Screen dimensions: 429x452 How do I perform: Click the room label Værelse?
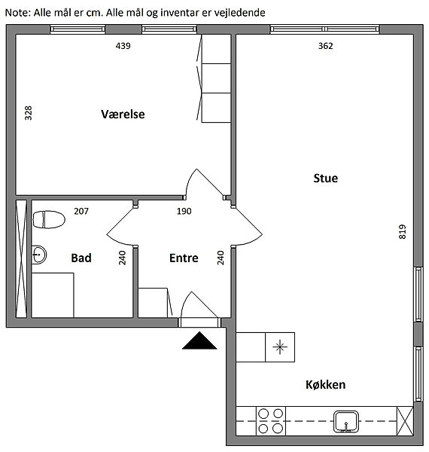(x=123, y=115)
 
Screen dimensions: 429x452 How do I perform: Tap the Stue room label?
(x=326, y=178)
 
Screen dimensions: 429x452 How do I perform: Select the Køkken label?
(x=326, y=384)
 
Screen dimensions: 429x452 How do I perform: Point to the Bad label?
(x=81, y=258)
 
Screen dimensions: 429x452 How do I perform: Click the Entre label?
(x=184, y=258)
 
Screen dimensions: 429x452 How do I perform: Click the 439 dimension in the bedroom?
(x=123, y=46)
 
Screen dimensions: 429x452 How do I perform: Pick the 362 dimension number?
(x=326, y=46)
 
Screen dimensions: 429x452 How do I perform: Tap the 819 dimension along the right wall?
(x=403, y=232)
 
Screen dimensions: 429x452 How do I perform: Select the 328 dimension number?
(x=28, y=113)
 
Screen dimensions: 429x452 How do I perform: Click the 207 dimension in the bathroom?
(x=81, y=211)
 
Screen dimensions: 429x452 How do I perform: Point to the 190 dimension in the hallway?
(x=184, y=211)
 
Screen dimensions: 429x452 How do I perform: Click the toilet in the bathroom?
(x=49, y=220)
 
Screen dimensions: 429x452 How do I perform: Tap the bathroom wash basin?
(x=39, y=255)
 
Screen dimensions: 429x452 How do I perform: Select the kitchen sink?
(x=346, y=422)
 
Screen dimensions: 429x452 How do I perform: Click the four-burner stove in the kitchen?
(x=271, y=421)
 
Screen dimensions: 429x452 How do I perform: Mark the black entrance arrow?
(x=199, y=341)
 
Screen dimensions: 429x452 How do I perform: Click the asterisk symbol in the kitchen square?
(x=280, y=347)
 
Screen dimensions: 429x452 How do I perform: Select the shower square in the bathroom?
(x=53, y=295)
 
